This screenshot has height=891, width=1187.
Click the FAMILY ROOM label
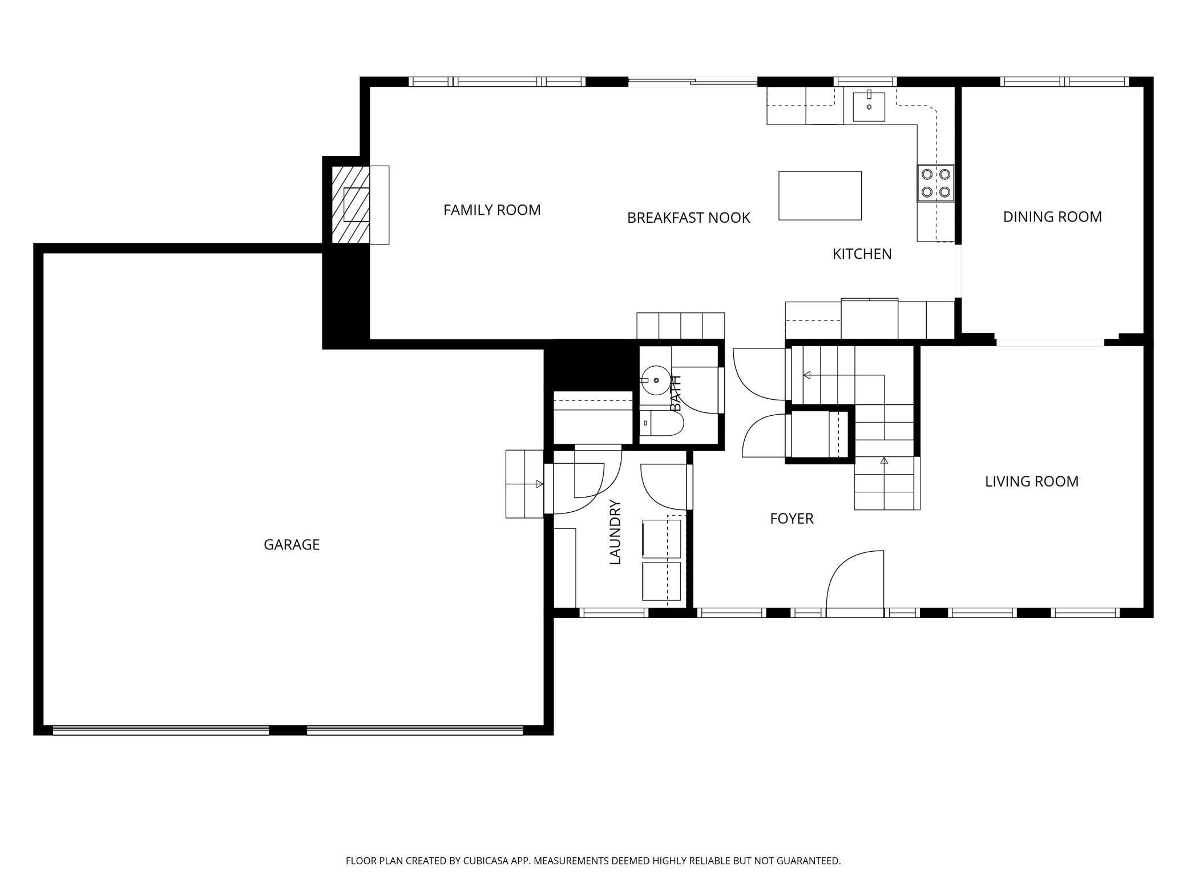(492, 210)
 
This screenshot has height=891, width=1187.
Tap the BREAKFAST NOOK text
(688, 218)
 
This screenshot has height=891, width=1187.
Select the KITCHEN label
(862, 254)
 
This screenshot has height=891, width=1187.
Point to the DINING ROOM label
(1052, 217)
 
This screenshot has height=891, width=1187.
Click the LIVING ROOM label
(1032, 481)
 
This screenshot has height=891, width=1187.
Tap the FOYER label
(792, 519)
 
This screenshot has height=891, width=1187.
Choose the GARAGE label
(292, 545)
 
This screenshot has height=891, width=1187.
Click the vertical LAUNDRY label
(615, 532)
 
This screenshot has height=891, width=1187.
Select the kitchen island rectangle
(820, 195)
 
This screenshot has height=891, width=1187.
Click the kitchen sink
(869, 107)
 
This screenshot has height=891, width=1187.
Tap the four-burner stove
(936, 183)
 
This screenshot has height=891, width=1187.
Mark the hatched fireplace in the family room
(351, 205)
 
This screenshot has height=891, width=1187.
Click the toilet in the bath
(661, 423)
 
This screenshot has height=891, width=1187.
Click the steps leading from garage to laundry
(524, 484)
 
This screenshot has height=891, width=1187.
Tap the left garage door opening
(160, 730)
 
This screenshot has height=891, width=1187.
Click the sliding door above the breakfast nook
(693, 82)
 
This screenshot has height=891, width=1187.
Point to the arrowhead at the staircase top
(807, 375)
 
